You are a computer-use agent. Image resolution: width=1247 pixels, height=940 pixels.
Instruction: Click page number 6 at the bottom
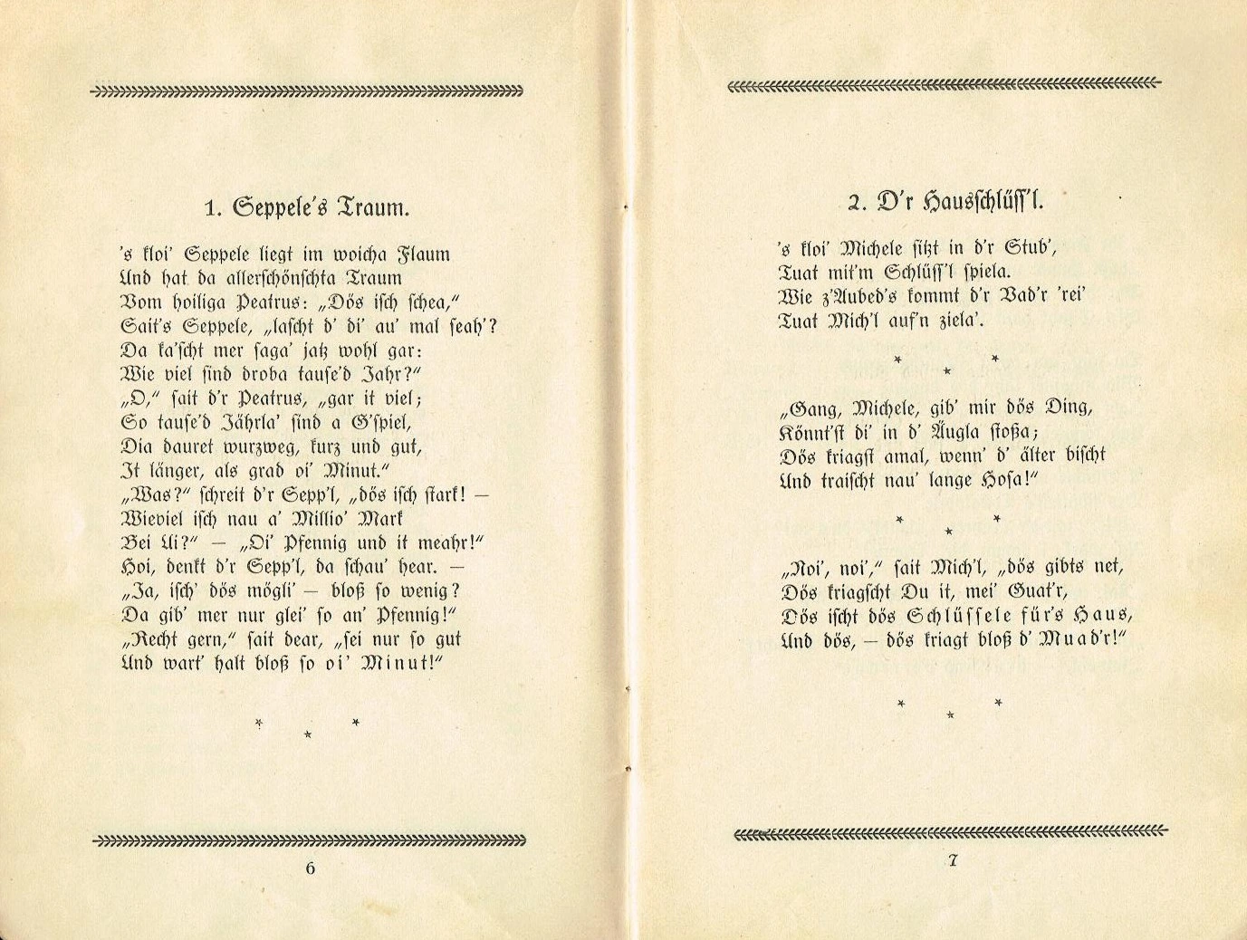point(311,868)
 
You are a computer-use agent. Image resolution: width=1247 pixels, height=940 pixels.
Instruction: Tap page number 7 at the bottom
point(953,861)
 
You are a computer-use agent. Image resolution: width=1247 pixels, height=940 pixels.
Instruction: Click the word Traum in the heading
point(373,208)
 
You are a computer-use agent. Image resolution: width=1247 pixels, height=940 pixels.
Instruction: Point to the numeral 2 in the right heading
point(854,203)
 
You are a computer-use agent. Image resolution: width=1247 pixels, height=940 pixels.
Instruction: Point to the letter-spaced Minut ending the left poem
point(400,663)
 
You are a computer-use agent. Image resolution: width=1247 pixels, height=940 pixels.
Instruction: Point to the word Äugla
point(944,431)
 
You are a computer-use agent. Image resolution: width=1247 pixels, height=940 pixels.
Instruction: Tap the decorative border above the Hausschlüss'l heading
point(944,84)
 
